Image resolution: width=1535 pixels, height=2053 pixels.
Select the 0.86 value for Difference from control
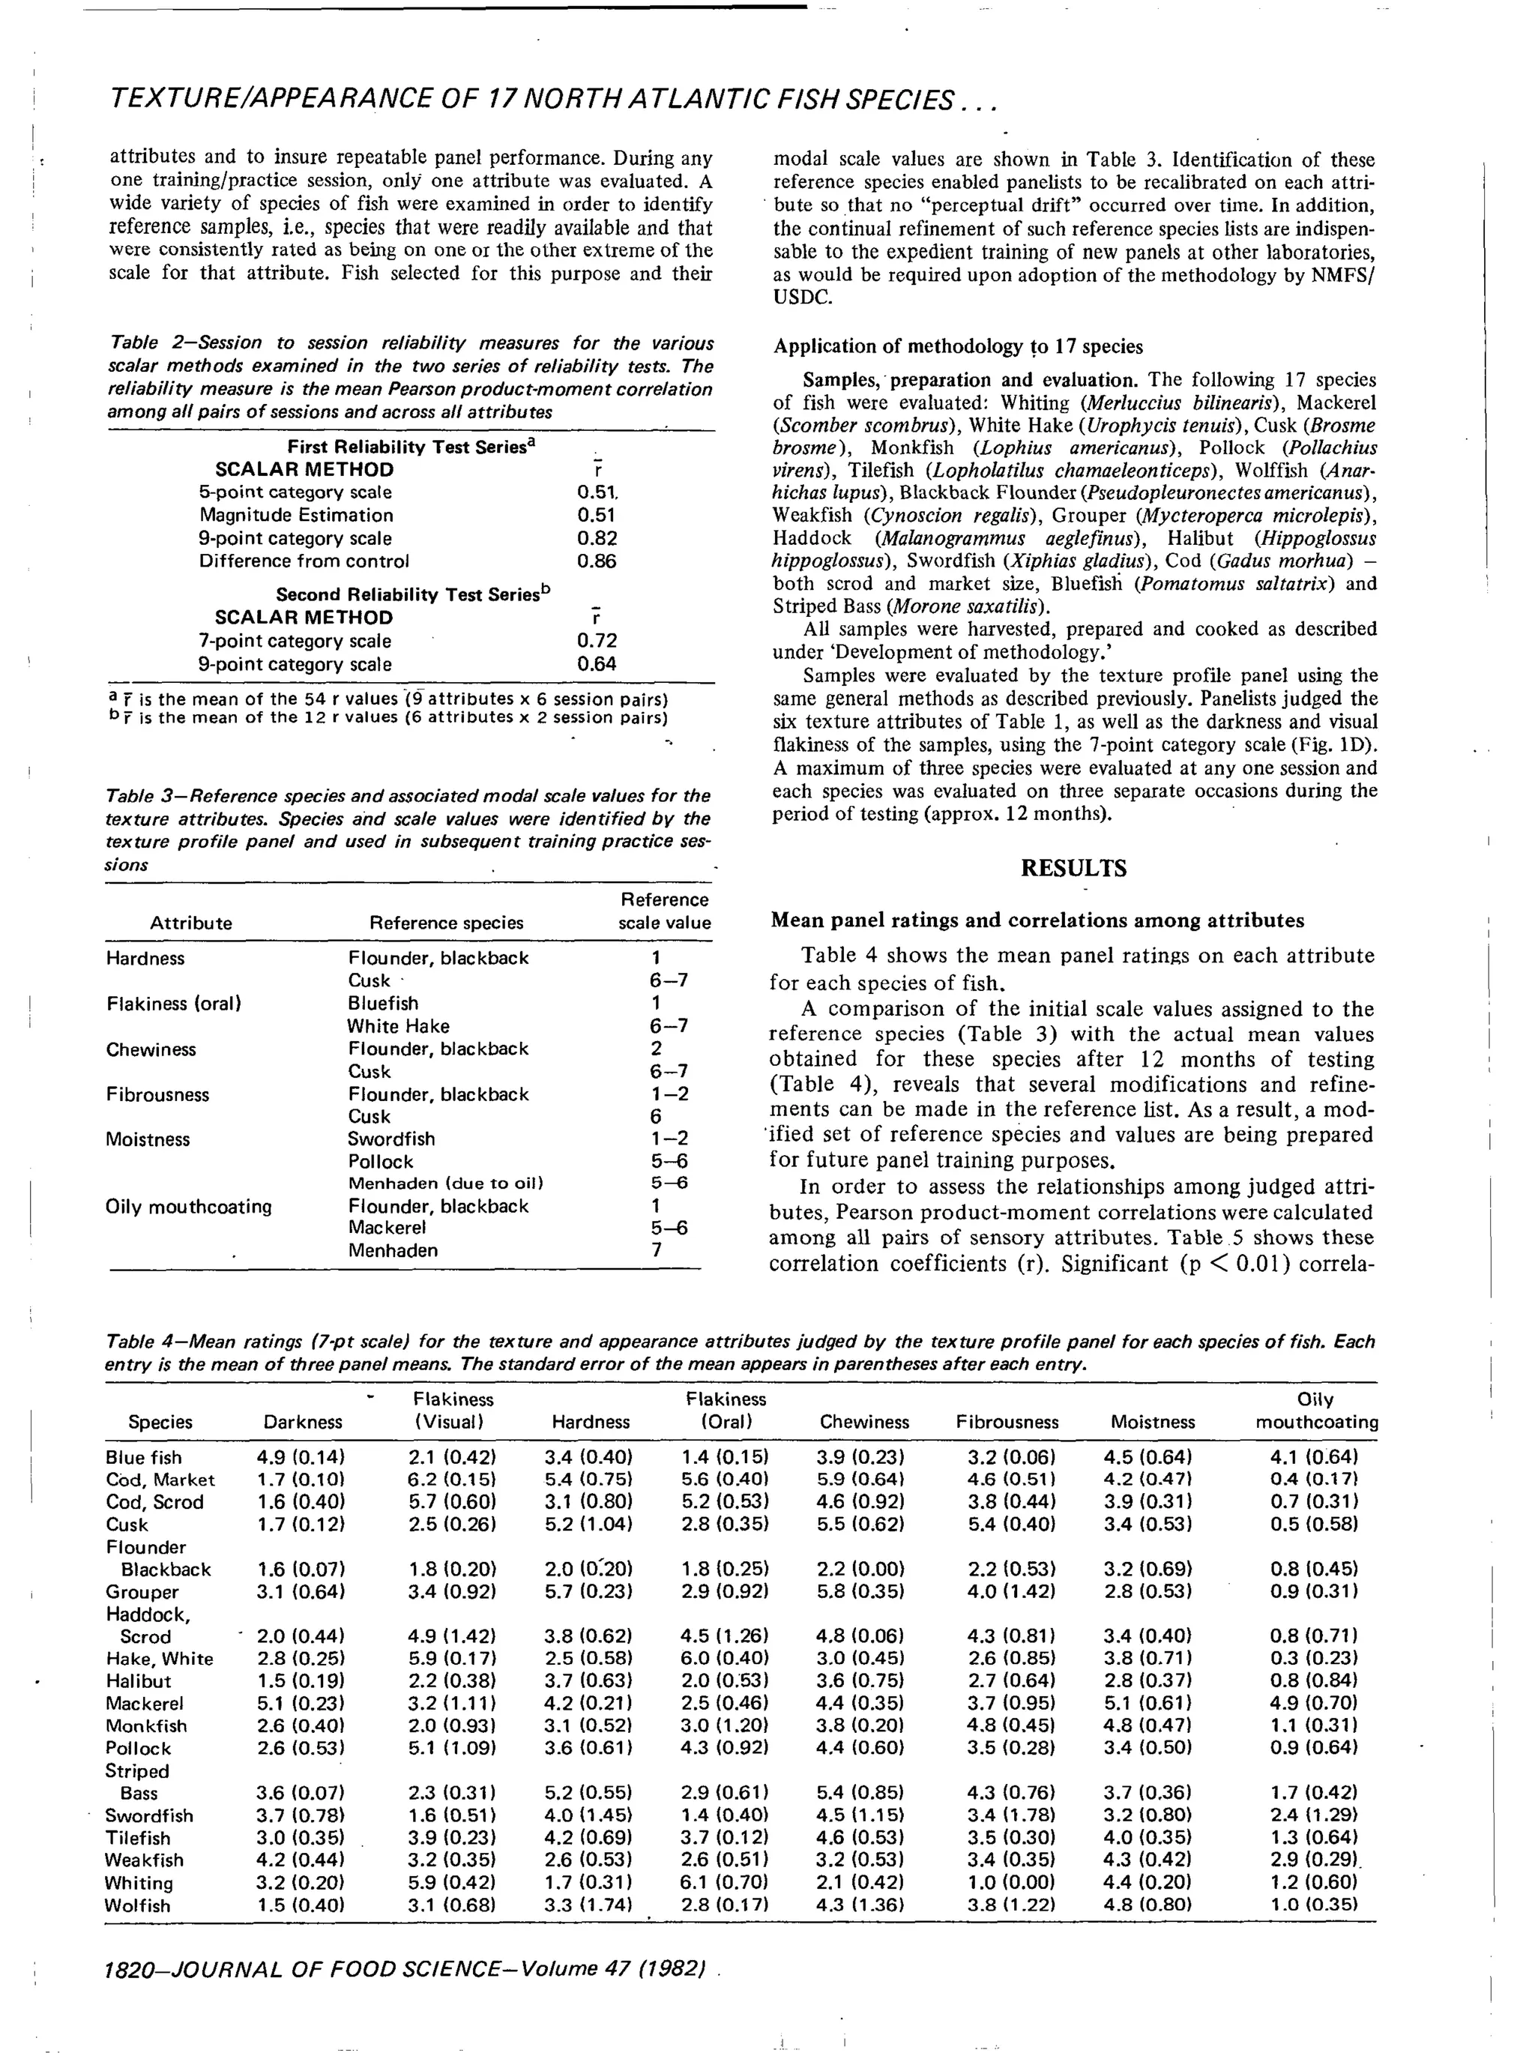(x=597, y=561)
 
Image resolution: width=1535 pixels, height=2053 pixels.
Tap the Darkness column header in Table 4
(x=303, y=1422)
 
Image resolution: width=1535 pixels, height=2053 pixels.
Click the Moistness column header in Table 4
(x=1153, y=1422)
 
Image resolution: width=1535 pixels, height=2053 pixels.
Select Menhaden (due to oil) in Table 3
(x=445, y=1184)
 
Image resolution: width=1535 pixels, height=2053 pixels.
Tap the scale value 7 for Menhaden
(x=656, y=1250)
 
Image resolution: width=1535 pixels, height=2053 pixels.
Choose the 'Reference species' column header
(x=447, y=923)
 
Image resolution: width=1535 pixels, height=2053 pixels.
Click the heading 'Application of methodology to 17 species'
(x=958, y=347)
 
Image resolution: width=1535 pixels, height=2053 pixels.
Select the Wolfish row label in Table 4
(x=138, y=1905)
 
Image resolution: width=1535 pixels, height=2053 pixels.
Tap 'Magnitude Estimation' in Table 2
(x=296, y=515)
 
